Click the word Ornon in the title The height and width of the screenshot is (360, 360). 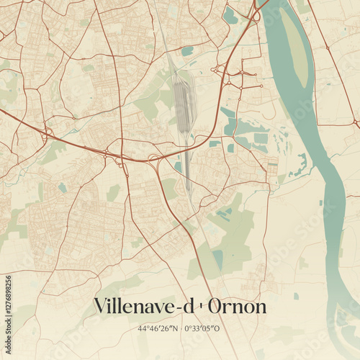pos(238,307)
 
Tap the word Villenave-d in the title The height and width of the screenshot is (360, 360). pos(143,307)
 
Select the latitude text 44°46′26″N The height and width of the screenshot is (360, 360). pos(158,329)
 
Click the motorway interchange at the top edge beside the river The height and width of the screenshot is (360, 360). pos(256,13)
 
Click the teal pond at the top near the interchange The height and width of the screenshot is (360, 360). pos(230,14)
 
